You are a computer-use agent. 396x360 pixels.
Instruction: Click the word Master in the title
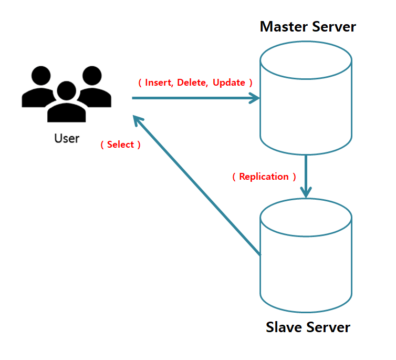(282, 26)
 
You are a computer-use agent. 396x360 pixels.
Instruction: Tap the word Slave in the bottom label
(284, 327)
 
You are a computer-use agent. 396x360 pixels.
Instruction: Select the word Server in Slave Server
(327, 327)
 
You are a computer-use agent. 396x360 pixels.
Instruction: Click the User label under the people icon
(67, 139)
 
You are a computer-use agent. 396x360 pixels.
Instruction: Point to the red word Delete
(193, 83)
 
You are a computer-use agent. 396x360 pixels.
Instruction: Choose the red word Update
(229, 83)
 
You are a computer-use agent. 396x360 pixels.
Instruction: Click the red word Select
(120, 145)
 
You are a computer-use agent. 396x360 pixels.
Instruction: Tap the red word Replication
(264, 177)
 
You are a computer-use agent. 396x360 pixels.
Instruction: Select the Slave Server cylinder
(306, 263)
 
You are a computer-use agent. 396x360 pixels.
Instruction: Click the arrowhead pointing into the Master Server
(255, 98)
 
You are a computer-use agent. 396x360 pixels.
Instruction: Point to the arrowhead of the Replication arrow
(306, 192)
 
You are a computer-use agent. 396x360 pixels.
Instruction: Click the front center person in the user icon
(66, 102)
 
